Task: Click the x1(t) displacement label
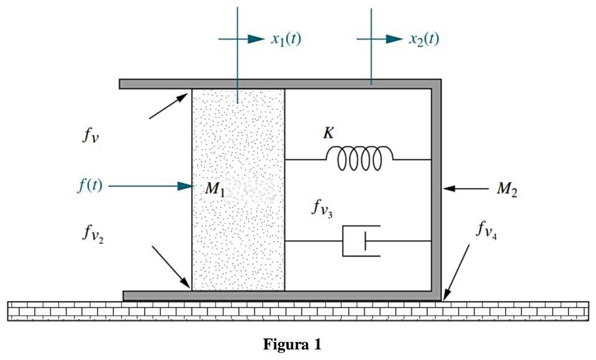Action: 286,39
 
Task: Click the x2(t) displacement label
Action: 424,39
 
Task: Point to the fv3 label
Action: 322,208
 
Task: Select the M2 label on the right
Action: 507,189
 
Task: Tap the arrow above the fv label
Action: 169,105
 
